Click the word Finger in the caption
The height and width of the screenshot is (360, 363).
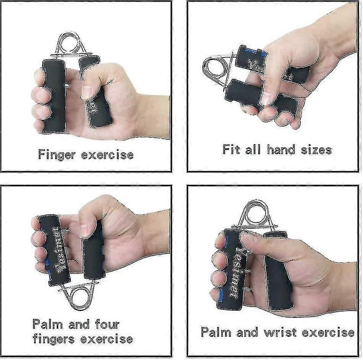pos(57,155)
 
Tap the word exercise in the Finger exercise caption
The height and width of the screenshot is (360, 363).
pos(108,155)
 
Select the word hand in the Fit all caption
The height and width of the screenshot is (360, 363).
pos(281,149)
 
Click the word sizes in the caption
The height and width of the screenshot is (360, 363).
pos(316,150)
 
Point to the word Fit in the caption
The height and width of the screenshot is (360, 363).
pos(231,149)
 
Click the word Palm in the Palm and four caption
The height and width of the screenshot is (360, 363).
pos(48,324)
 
